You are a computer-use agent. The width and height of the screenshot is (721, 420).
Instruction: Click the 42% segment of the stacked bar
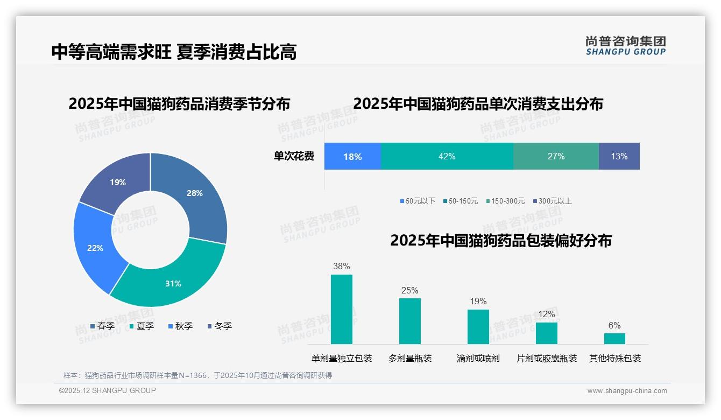447,156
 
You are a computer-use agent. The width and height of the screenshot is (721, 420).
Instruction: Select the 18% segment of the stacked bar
352,156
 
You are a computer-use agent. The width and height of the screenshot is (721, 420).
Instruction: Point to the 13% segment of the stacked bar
619,156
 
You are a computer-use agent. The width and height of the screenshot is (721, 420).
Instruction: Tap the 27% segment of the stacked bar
556,156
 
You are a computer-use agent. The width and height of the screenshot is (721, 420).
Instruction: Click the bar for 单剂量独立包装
341,310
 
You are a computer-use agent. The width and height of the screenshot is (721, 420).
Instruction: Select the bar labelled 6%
614,339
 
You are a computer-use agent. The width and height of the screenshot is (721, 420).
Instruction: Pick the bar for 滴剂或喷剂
478,327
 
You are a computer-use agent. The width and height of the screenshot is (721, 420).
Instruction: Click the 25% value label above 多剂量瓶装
409,291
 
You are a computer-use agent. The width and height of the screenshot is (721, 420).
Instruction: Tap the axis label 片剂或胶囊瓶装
546,359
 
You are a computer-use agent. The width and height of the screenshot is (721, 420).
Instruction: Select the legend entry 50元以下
418,201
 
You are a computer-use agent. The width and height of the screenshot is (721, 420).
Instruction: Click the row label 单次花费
294,157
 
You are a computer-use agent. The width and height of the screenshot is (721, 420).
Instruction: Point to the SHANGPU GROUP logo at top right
625,46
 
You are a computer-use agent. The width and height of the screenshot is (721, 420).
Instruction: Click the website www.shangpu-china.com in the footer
627,391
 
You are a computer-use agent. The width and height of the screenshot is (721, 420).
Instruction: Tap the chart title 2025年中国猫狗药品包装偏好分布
500,241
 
